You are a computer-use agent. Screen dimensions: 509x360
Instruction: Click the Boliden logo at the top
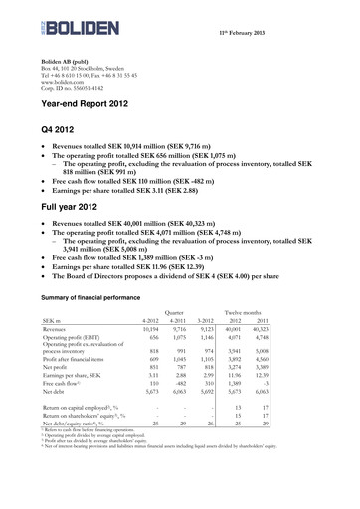[x=72, y=20]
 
